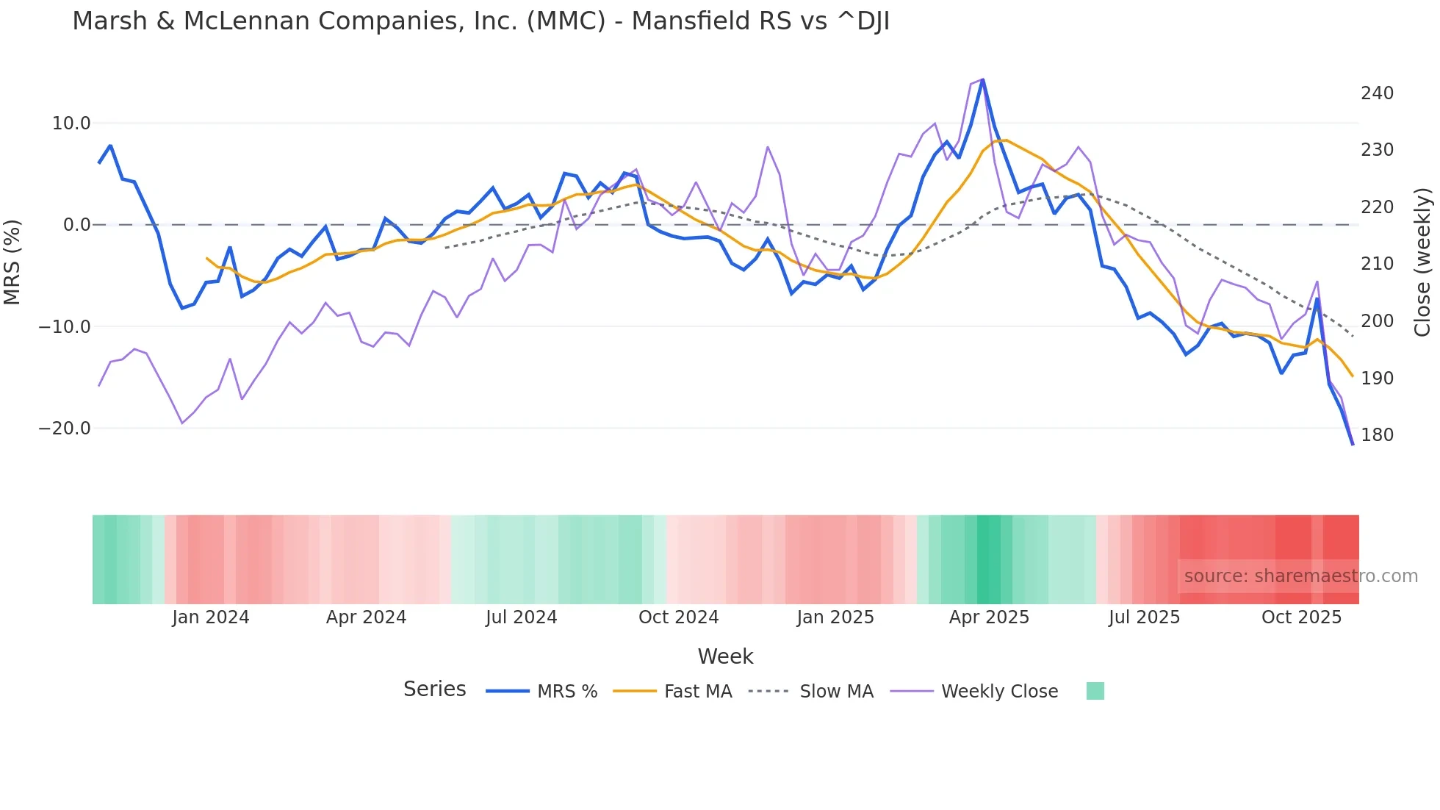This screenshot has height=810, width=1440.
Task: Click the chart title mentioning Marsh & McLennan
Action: (480, 21)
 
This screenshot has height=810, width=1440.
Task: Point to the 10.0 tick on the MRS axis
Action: (71, 123)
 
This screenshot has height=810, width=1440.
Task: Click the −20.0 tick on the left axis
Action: (65, 429)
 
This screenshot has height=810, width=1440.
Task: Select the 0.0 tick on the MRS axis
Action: (76, 225)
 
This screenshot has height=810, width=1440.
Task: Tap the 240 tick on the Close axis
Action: (1377, 93)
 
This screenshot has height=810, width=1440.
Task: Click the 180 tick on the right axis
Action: (1377, 435)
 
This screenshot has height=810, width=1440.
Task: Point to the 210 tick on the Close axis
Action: (1377, 264)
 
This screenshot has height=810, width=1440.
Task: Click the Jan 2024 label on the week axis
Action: (211, 617)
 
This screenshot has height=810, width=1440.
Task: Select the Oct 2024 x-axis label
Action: (678, 617)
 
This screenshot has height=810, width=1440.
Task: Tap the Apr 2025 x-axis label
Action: (989, 617)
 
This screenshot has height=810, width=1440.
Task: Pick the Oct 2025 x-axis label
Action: (1301, 617)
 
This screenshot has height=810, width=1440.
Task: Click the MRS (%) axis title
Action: (12, 262)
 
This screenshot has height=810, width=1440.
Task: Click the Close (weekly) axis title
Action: (1422, 262)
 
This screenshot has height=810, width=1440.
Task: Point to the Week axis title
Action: (725, 656)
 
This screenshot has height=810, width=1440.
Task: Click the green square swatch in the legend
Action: (1095, 691)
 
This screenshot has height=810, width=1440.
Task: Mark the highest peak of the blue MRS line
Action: (983, 79)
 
